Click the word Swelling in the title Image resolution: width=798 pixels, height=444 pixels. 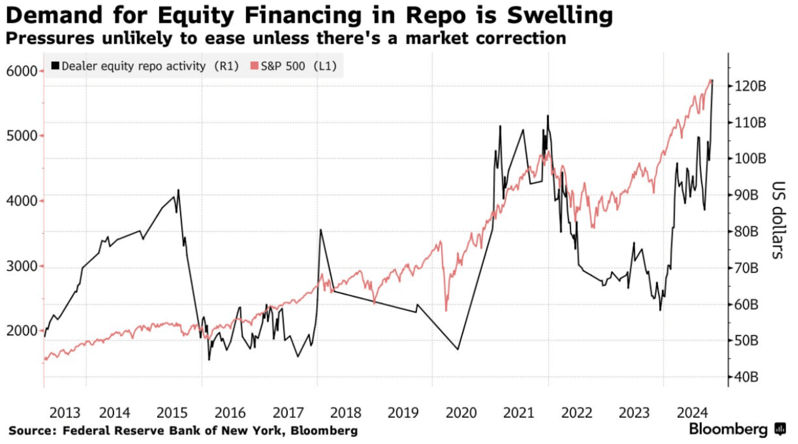tap(560, 15)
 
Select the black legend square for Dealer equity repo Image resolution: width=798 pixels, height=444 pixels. tap(55, 66)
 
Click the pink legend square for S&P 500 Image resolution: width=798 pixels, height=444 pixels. tap(254, 66)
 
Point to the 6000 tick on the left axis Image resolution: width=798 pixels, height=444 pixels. tap(22, 71)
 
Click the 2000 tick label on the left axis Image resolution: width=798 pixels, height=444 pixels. tap(22, 330)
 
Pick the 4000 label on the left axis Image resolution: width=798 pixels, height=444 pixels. tap(22, 201)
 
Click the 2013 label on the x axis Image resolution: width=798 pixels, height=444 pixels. tap(65, 413)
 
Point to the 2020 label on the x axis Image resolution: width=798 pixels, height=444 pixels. tap(461, 413)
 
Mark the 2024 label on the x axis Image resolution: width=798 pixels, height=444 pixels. tap(692, 413)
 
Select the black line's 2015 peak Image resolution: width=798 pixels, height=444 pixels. tap(178, 190)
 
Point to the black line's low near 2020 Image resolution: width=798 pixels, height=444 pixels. tap(458, 349)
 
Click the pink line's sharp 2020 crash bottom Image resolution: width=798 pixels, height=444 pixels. tap(446, 311)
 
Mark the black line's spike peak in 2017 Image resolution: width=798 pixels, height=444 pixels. tap(320, 230)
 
